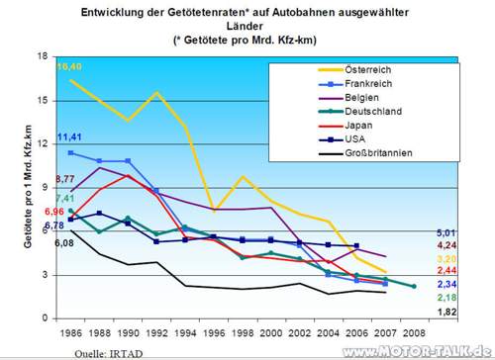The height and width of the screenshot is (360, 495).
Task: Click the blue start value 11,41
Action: tap(69, 136)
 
